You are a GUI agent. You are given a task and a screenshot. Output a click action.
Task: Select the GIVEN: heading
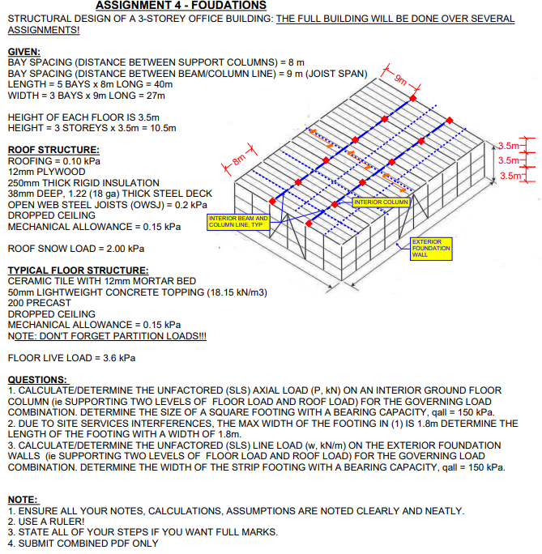pyautogui.click(x=23, y=52)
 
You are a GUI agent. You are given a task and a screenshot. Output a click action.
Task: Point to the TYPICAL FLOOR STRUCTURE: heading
pyautogui.click(x=78, y=270)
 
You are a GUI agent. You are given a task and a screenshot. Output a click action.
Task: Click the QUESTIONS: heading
pyautogui.click(x=37, y=380)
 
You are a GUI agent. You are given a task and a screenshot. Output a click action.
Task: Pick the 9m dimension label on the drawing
pyautogui.click(x=403, y=79)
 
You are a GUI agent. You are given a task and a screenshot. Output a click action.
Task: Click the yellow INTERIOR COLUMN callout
pyautogui.click(x=382, y=202)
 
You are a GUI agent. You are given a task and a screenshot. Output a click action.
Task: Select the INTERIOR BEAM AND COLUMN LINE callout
pyautogui.click(x=237, y=221)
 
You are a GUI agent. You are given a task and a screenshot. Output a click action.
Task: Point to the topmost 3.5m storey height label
pyautogui.click(x=508, y=146)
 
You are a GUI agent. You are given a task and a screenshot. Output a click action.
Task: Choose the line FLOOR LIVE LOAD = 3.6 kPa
pyautogui.click(x=71, y=357)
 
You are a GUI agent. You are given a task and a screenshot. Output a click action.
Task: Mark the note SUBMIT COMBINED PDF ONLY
pyautogui.click(x=83, y=543)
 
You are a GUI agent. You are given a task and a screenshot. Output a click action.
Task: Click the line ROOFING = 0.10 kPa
pyautogui.click(x=53, y=161)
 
